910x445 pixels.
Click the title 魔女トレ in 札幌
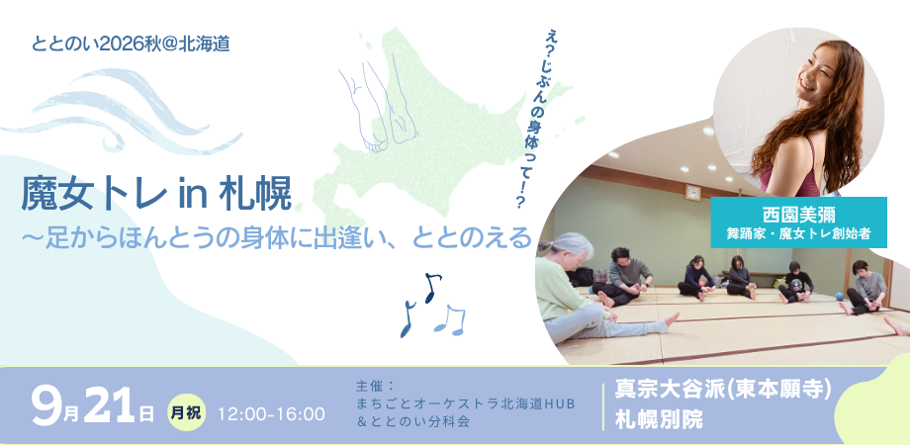pos(156,195)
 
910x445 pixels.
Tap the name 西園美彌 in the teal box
pos(798,216)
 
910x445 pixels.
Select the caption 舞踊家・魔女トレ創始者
pos(798,234)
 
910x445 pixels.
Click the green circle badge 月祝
pos(186,413)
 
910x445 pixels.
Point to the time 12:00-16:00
pos(272,414)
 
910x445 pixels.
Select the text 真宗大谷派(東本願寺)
pos(724,391)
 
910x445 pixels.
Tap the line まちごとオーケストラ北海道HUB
pos(466,403)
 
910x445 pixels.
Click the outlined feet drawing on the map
pos(380,105)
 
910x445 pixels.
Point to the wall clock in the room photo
pos(692,192)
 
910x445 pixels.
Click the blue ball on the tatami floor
pos(840,296)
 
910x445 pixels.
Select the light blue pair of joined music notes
pos(450,319)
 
